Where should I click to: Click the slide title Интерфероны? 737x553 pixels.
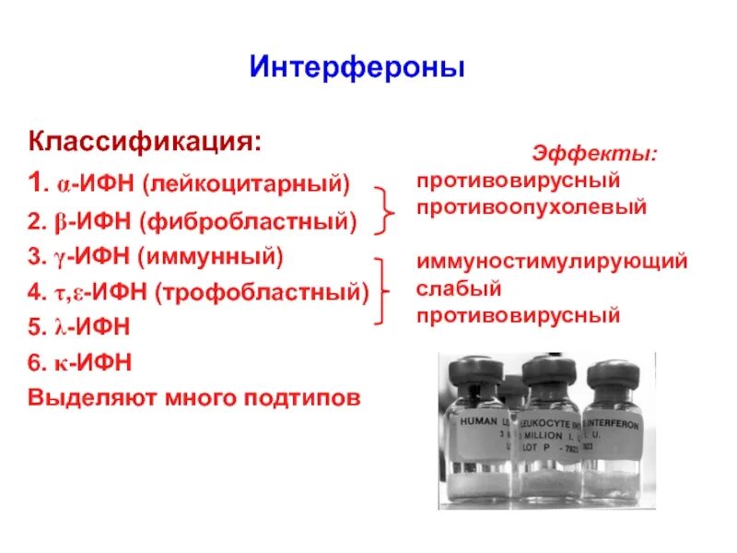pyautogui.click(x=357, y=67)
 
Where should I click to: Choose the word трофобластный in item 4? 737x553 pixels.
pyautogui.click(x=263, y=292)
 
